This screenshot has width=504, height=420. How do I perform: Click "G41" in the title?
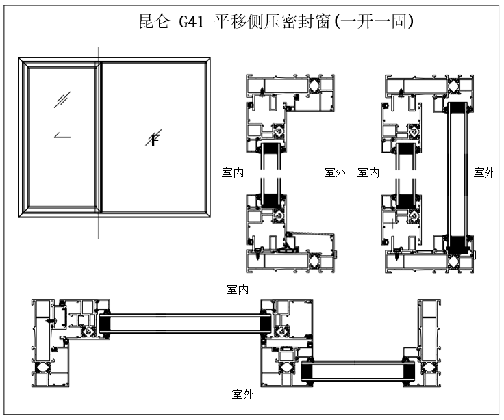pyautogui.click(x=192, y=22)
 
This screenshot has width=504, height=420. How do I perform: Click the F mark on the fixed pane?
pyautogui.click(x=155, y=140)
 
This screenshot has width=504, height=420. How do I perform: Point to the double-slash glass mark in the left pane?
pyautogui.click(x=62, y=100)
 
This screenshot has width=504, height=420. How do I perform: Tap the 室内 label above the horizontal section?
pyautogui.click(x=237, y=290)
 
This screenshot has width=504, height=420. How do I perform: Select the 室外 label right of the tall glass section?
pyautogui.click(x=483, y=172)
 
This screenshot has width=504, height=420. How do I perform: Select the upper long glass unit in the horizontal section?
pyautogui.click(x=182, y=323)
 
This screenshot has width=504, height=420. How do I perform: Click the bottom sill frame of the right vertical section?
pyautogui.click(x=428, y=259)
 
